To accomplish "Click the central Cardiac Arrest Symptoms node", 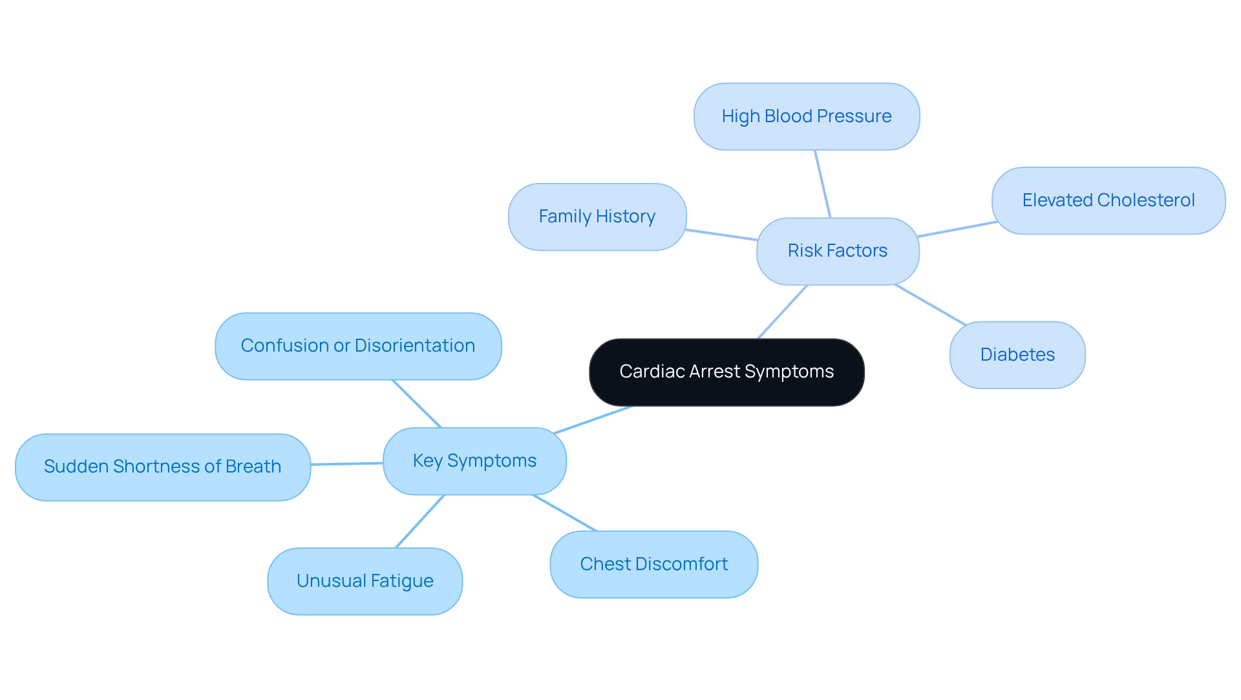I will (727, 372).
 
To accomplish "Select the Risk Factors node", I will (838, 251).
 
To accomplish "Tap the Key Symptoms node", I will (474, 461).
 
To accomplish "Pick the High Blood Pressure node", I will (807, 116).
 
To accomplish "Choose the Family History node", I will (597, 217).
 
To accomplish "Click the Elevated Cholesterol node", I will (1108, 200).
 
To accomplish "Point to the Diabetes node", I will (1017, 355).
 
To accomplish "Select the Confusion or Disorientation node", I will (358, 346).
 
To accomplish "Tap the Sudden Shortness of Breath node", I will (162, 467).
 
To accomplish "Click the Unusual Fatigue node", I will (365, 581).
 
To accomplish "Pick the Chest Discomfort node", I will (653, 564).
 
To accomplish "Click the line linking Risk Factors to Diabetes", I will (931, 304).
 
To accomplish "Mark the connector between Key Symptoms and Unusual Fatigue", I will (420, 521).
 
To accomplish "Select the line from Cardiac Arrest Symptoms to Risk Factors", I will (783, 312).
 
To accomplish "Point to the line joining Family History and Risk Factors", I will (721, 235).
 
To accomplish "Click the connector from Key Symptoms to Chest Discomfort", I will (564, 513).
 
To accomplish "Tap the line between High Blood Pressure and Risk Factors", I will (823, 184).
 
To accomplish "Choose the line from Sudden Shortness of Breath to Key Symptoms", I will (347, 463).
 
